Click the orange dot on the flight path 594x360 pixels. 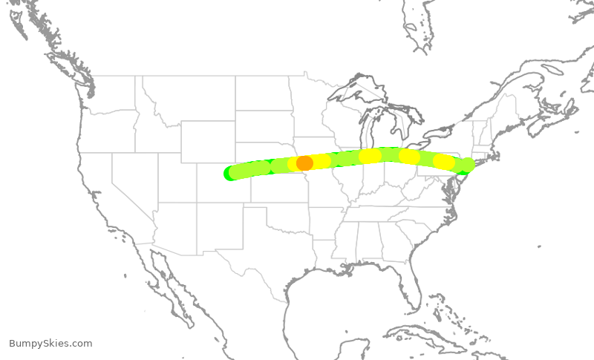pos(304,163)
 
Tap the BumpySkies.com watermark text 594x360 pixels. pos(50,343)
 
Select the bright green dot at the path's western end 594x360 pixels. pos(230,174)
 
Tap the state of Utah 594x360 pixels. pos(175,174)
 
